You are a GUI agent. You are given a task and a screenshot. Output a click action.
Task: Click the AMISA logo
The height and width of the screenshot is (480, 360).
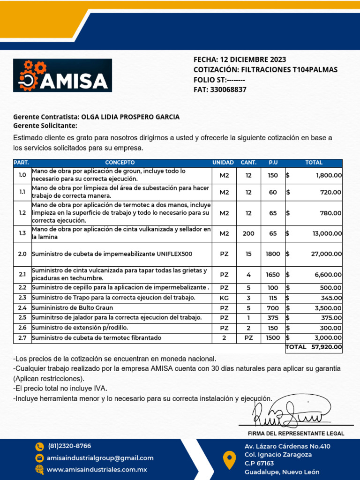coord(62,75)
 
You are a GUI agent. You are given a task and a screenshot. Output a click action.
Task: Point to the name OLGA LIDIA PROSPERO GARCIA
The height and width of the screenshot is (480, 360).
coord(130,117)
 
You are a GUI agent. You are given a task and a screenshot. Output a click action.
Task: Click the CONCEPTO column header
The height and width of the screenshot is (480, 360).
coord(120,163)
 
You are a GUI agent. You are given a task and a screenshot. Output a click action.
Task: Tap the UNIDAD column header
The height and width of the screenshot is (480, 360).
coord(223,163)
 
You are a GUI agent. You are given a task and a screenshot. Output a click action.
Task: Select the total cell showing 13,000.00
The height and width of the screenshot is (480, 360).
coord(327,233)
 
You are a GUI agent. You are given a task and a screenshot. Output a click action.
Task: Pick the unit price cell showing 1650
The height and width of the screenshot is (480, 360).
coord(273,274)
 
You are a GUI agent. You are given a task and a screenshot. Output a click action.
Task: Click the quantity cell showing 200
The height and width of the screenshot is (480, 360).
coord(248,233)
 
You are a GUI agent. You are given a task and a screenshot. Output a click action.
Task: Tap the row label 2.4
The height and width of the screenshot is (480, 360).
coord(22,308)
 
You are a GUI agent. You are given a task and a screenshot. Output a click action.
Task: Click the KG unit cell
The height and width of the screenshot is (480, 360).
coord(224,298)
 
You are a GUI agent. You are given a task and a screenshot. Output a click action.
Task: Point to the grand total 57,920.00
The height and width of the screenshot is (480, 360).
coord(326,347)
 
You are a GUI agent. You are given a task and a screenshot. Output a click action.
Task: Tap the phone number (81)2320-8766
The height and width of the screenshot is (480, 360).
coord(69,446)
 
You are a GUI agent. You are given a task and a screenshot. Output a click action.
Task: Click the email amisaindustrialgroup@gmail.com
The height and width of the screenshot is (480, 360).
coord(100,458)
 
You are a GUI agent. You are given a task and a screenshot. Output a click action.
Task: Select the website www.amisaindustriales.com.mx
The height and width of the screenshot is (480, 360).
coord(97,469)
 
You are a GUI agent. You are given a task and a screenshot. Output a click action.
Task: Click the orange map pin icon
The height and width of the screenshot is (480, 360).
coord(229,459)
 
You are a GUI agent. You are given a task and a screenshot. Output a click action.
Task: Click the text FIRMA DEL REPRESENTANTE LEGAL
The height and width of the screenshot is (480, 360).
coord(296,434)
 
